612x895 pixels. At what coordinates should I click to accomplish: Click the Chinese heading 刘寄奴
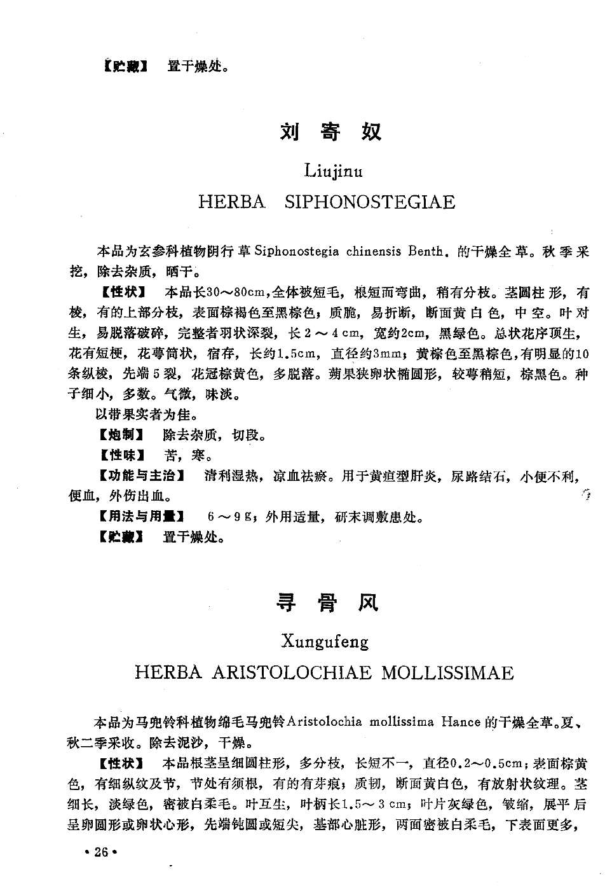point(330,132)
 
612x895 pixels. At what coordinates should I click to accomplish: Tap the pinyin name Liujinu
point(334,170)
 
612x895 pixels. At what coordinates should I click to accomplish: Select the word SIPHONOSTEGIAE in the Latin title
point(370,202)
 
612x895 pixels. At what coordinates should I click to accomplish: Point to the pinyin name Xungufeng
point(325,641)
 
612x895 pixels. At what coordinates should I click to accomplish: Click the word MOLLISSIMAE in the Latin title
point(447,673)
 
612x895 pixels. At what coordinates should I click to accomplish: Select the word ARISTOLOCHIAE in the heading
point(292,673)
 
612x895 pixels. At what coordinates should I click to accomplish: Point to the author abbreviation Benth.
point(426,251)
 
